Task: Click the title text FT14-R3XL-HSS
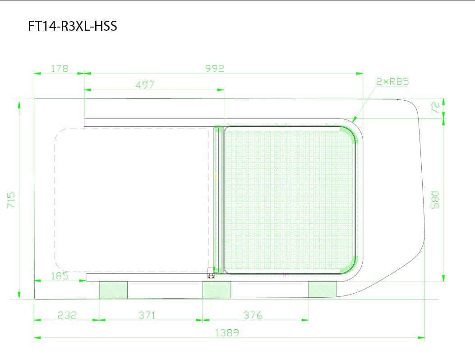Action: point(73,26)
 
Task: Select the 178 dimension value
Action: point(59,69)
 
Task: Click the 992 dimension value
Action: point(215,69)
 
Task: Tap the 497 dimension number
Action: point(145,85)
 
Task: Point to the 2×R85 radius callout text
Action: point(392,82)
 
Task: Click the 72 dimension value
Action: point(435,107)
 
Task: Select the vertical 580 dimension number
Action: point(435,199)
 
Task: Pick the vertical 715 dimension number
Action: point(12,200)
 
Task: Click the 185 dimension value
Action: point(60,276)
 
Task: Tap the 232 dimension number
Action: point(67,315)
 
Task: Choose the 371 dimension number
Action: point(147,315)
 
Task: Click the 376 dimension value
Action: point(253,315)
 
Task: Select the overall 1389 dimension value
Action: point(227,333)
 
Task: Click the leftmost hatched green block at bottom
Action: point(113,290)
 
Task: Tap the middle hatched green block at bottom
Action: point(217,290)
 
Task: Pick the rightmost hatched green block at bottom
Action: point(322,289)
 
